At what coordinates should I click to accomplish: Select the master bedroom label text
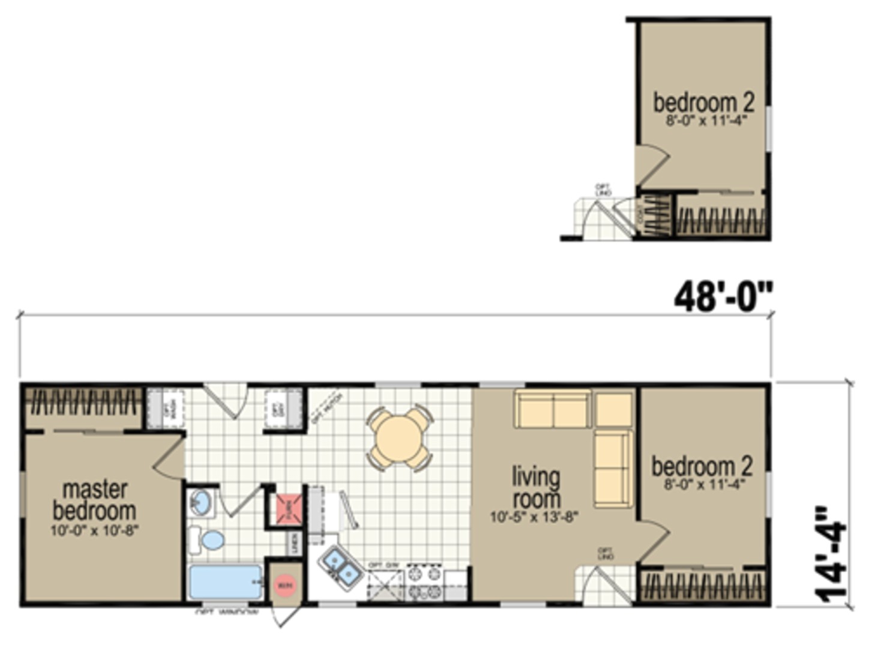tap(94, 500)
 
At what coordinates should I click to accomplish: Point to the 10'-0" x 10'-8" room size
tap(94, 531)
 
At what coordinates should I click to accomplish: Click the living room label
tap(536, 488)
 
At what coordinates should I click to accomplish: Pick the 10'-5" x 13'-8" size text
tap(534, 517)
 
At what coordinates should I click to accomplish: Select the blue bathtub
tap(225, 581)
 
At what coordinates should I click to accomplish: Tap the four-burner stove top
tap(424, 583)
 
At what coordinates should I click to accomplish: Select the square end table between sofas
tap(613, 409)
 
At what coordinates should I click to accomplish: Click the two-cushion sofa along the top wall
tap(552, 409)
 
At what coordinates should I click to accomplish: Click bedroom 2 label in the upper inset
tap(703, 103)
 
